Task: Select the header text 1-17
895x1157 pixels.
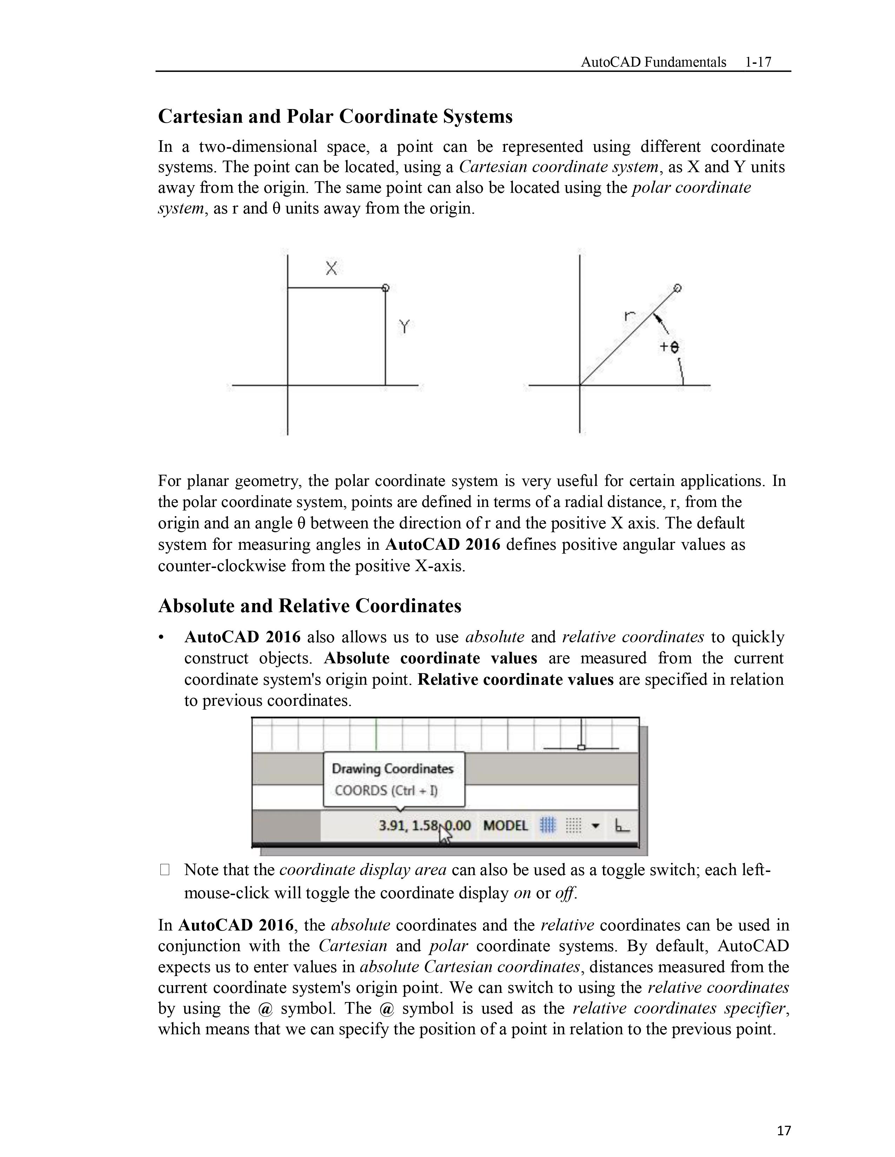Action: point(758,62)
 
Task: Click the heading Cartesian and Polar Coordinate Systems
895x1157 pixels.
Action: point(335,116)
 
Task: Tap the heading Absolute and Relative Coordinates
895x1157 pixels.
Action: point(310,605)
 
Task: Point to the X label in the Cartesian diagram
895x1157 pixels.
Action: point(331,269)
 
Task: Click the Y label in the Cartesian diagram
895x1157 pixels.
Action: point(404,327)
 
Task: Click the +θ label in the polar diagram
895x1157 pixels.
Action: point(669,347)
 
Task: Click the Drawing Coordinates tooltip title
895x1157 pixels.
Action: point(392,769)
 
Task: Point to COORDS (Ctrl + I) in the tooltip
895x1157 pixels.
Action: point(386,791)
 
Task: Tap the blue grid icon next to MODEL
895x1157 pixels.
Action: point(548,825)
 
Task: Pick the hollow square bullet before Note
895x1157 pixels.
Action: point(164,870)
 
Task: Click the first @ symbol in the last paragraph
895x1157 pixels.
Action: point(265,1008)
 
